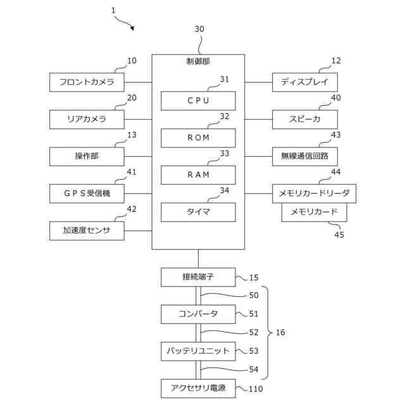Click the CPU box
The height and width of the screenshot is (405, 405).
198,101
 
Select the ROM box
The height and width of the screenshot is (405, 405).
198,138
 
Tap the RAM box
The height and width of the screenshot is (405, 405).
198,175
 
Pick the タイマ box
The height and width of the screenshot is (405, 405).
198,212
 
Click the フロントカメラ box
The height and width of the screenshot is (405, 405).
87,82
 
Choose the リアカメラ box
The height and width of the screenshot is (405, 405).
87,120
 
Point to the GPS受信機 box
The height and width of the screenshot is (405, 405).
87,194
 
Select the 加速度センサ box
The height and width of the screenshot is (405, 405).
87,230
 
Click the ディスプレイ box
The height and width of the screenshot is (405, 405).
305,82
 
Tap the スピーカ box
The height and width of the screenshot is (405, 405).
305,120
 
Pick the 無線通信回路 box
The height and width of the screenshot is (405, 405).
305,156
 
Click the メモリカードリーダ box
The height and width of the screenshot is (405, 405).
314,194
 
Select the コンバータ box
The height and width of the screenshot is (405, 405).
198,314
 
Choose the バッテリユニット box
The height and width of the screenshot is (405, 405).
198,351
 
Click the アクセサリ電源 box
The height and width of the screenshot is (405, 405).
198,388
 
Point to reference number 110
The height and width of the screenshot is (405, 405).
256,389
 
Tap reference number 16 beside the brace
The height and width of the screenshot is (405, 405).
280,332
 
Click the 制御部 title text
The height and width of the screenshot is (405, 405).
198,61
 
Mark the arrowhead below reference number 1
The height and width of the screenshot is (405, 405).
132,28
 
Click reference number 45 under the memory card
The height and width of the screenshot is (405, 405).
339,235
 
